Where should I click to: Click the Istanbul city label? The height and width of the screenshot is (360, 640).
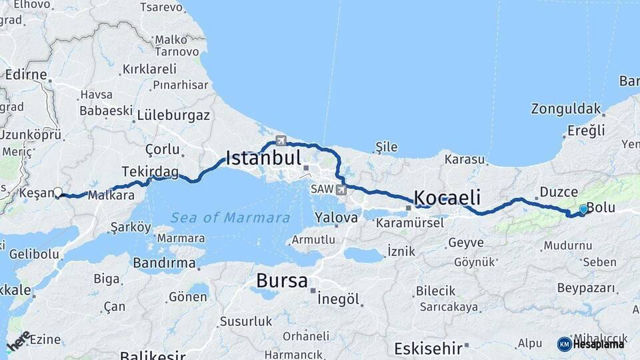[264, 159]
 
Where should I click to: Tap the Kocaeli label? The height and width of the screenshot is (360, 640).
[447, 197]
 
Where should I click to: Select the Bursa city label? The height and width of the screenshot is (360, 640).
[282, 281]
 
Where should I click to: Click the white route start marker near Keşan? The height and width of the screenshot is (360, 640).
[58, 193]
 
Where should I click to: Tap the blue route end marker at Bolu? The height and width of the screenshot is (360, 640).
[583, 209]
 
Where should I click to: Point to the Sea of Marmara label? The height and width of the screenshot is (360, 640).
[230, 217]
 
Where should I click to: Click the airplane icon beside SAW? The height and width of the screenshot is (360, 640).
[342, 190]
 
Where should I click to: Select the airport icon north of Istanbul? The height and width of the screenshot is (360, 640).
[281, 141]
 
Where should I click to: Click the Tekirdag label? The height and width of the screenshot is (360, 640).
[150, 172]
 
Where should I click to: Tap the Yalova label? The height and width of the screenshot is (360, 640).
[337, 217]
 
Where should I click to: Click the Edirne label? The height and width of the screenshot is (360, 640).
[26, 74]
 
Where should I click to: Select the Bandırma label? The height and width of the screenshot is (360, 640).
[164, 263]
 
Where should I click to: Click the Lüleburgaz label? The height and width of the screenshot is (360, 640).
[173, 115]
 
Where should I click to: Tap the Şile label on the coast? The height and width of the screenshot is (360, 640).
[387, 147]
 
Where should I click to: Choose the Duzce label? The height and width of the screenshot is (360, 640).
[559, 192]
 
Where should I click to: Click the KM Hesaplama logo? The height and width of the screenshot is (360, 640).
[591, 344]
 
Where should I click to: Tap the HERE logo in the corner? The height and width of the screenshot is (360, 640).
[19, 341]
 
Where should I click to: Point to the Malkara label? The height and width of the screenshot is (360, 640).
[111, 196]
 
